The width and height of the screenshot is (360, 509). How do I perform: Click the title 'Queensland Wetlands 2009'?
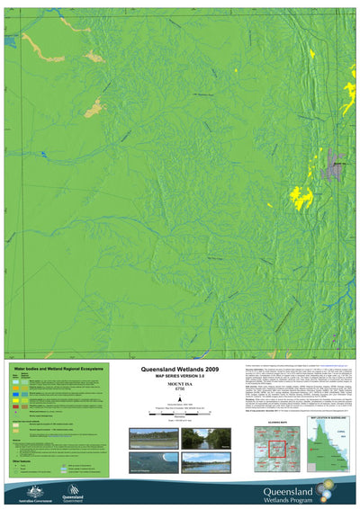coord(182,369)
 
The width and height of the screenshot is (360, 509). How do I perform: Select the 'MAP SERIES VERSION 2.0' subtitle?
coord(182,376)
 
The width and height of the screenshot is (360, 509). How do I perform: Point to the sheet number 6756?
coord(182,390)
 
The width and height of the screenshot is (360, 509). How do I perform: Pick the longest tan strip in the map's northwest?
coord(40,47)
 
